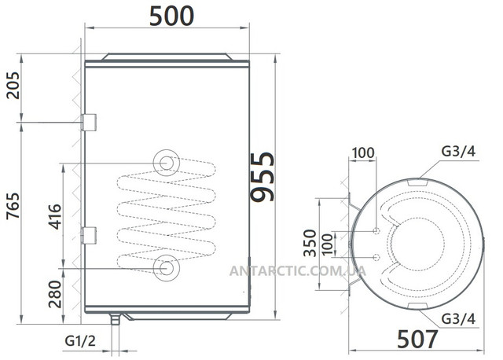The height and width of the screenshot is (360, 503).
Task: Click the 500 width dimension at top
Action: (171, 16)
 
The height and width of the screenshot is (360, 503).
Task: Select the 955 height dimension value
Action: (263, 177)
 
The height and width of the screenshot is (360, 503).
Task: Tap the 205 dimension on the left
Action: (13, 86)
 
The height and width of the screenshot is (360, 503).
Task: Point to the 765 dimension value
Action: (13, 206)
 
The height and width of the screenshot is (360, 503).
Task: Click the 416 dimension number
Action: (54, 217)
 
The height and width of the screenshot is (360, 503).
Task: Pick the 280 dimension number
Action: (54, 294)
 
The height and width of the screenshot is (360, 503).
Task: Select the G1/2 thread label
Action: (80, 341)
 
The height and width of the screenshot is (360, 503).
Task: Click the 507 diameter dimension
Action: (417, 339)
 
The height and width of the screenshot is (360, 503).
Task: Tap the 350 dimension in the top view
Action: (310, 243)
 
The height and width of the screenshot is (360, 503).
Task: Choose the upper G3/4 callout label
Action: (458, 151)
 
